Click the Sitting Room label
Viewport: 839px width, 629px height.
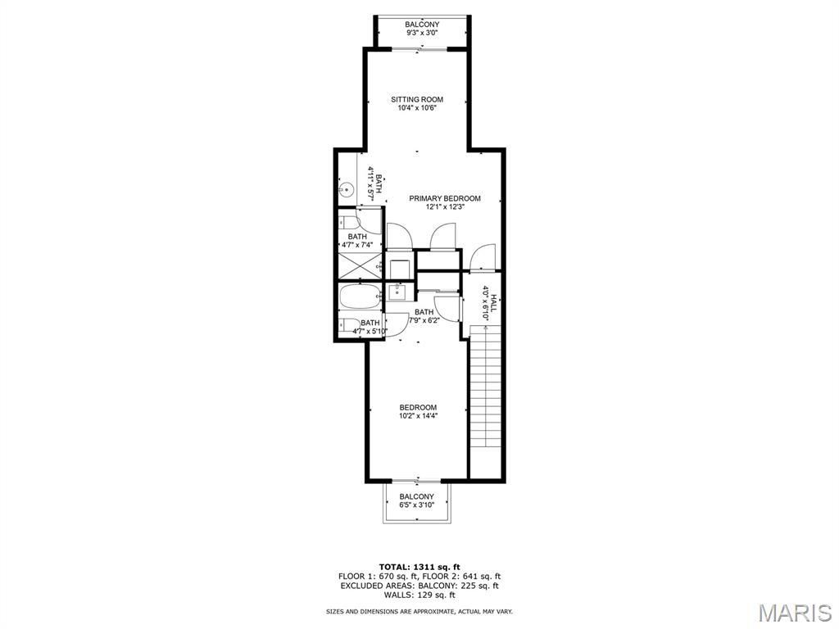pyautogui.click(x=417, y=99)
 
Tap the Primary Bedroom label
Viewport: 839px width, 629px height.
pyautogui.click(x=445, y=198)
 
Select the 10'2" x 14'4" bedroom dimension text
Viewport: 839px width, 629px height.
pyautogui.click(x=418, y=415)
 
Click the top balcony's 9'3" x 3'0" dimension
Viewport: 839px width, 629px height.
pyautogui.click(x=422, y=33)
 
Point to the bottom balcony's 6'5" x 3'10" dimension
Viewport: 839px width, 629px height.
pyautogui.click(x=416, y=505)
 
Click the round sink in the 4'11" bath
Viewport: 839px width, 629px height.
pyautogui.click(x=347, y=189)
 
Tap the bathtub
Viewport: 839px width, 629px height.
pyautogui.click(x=360, y=296)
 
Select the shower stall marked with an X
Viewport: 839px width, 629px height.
pyautogui.click(x=360, y=265)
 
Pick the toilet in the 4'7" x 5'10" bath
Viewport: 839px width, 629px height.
pyautogui.click(x=349, y=324)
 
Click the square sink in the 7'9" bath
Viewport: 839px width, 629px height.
pyautogui.click(x=397, y=292)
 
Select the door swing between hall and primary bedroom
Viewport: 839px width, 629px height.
pyautogui.click(x=482, y=256)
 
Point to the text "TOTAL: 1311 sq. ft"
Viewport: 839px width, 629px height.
pyautogui.click(x=419, y=567)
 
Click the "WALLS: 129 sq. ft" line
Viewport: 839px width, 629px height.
pyautogui.click(x=419, y=595)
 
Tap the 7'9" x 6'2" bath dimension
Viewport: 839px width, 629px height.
pyautogui.click(x=424, y=321)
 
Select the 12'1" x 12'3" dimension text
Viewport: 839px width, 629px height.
pyautogui.click(x=445, y=207)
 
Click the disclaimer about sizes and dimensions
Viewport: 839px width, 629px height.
pyautogui.click(x=419, y=611)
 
